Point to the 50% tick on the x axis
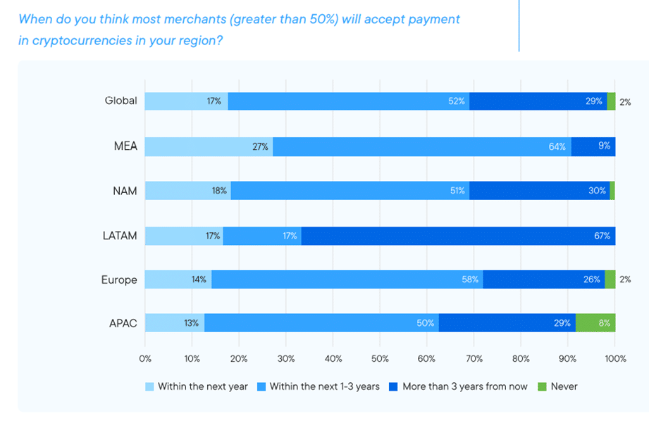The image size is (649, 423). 380,358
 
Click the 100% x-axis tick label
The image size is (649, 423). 614,358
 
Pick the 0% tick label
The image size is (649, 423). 145,358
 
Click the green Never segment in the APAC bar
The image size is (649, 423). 595,323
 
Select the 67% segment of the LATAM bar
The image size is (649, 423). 458,236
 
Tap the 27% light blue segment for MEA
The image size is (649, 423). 209,146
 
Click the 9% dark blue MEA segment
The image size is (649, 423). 593,146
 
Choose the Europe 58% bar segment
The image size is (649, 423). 347,279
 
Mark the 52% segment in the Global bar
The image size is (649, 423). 349,101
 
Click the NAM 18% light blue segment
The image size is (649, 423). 187,191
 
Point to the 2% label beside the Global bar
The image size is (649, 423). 625,101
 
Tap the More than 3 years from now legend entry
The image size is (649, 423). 459,386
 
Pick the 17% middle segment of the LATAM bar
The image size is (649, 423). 262,236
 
